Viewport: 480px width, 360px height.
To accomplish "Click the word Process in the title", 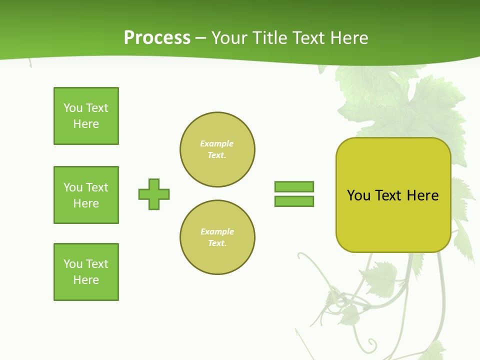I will [157, 38].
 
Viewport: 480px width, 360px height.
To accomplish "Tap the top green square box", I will [86, 116].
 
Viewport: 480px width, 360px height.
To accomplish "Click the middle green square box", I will [86, 195].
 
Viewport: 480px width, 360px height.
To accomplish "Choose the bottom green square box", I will [86, 272].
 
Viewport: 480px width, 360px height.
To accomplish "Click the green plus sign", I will [154, 194].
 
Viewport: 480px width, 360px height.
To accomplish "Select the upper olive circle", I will [217, 149].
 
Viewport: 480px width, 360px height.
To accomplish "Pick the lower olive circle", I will [217, 237].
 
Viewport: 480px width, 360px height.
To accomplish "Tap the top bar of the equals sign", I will [294, 186].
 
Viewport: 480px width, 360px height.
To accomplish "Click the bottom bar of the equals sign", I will [294, 201].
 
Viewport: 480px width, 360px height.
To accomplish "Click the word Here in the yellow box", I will [422, 195].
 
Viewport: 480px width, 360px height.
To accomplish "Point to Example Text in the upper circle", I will [217, 149].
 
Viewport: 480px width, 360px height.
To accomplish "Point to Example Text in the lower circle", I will [217, 237].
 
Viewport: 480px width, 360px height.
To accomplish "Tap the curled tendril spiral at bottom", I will [370, 344].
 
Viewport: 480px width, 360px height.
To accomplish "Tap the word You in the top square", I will [72, 108].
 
